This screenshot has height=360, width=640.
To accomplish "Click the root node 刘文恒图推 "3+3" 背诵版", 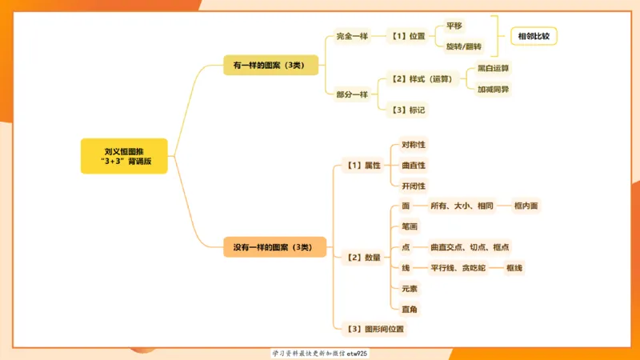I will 124,155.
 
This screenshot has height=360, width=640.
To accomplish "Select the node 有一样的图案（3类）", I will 274,66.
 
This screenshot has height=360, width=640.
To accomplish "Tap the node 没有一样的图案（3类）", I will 274,248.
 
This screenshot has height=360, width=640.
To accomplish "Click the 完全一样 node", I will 351,36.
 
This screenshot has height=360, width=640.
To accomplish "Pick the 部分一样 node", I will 351,94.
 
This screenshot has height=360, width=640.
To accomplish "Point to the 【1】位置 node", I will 406,36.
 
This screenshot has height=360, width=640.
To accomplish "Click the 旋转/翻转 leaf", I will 464,46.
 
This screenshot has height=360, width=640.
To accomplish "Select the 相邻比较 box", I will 534,36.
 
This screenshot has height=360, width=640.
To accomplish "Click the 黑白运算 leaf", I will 492,69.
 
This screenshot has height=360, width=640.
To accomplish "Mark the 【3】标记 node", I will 406,109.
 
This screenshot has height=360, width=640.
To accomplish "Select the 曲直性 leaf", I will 414,165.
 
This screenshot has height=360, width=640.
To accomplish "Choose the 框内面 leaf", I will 526,206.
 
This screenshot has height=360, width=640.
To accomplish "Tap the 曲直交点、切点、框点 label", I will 469,247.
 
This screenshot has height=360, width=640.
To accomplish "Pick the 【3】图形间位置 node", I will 373,328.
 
